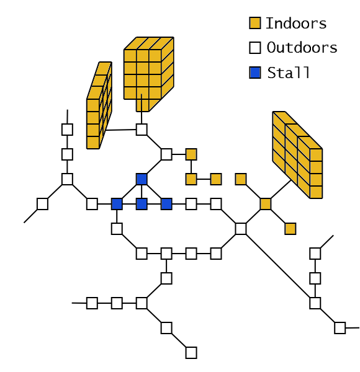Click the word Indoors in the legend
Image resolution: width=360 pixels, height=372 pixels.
296,24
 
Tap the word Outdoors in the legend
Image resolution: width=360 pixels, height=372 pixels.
302,48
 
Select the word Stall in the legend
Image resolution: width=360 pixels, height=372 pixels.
288,73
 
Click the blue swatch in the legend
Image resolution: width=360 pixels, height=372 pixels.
255,73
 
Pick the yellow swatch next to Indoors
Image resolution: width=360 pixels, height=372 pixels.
255,23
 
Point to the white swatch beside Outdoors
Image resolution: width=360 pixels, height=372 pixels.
255,48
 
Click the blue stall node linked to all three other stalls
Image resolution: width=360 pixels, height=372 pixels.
142,179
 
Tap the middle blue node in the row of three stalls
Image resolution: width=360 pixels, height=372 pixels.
142,204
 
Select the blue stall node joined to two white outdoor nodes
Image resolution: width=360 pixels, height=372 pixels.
117,204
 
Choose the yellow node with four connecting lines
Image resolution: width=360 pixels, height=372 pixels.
266,204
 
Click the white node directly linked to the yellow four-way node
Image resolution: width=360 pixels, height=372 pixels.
241,229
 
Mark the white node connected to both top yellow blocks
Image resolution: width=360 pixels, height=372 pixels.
142,130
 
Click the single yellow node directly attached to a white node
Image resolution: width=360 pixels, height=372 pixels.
191,154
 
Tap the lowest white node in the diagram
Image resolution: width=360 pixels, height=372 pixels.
191,353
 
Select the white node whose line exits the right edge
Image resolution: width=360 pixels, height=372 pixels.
340,328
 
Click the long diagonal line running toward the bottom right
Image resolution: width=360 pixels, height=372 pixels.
278,266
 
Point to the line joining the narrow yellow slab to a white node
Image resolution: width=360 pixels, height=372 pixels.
121,130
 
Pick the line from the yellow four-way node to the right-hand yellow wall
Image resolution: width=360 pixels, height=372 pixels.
281,189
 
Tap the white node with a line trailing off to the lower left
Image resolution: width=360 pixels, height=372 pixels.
42,204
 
